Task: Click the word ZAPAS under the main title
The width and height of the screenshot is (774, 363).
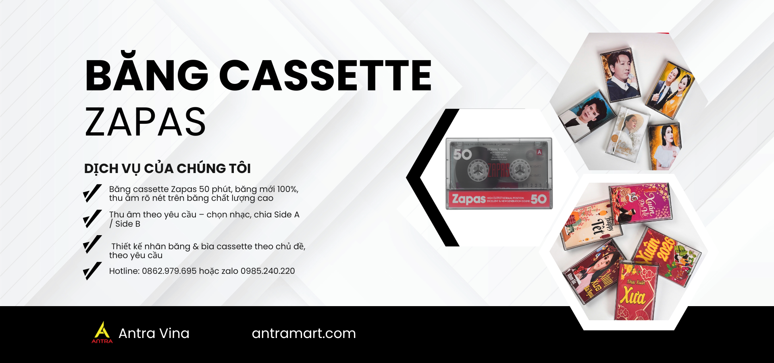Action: (145, 122)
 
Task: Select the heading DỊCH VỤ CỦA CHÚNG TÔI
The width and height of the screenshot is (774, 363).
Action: (167, 169)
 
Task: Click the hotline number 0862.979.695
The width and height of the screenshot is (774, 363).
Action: (169, 271)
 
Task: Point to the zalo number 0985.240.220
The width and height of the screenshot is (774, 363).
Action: (268, 271)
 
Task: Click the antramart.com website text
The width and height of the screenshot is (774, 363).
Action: (304, 334)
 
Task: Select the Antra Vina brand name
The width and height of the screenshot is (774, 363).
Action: (154, 334)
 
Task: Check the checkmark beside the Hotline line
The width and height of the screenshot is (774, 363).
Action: (92, 271)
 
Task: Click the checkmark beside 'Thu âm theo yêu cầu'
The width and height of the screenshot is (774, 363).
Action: (92, 219)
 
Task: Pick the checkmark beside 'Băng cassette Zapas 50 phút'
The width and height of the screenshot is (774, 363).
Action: (92, 193)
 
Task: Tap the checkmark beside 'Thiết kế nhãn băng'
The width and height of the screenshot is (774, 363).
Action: (92, 244)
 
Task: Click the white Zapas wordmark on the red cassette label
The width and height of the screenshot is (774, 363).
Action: (469, 199)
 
